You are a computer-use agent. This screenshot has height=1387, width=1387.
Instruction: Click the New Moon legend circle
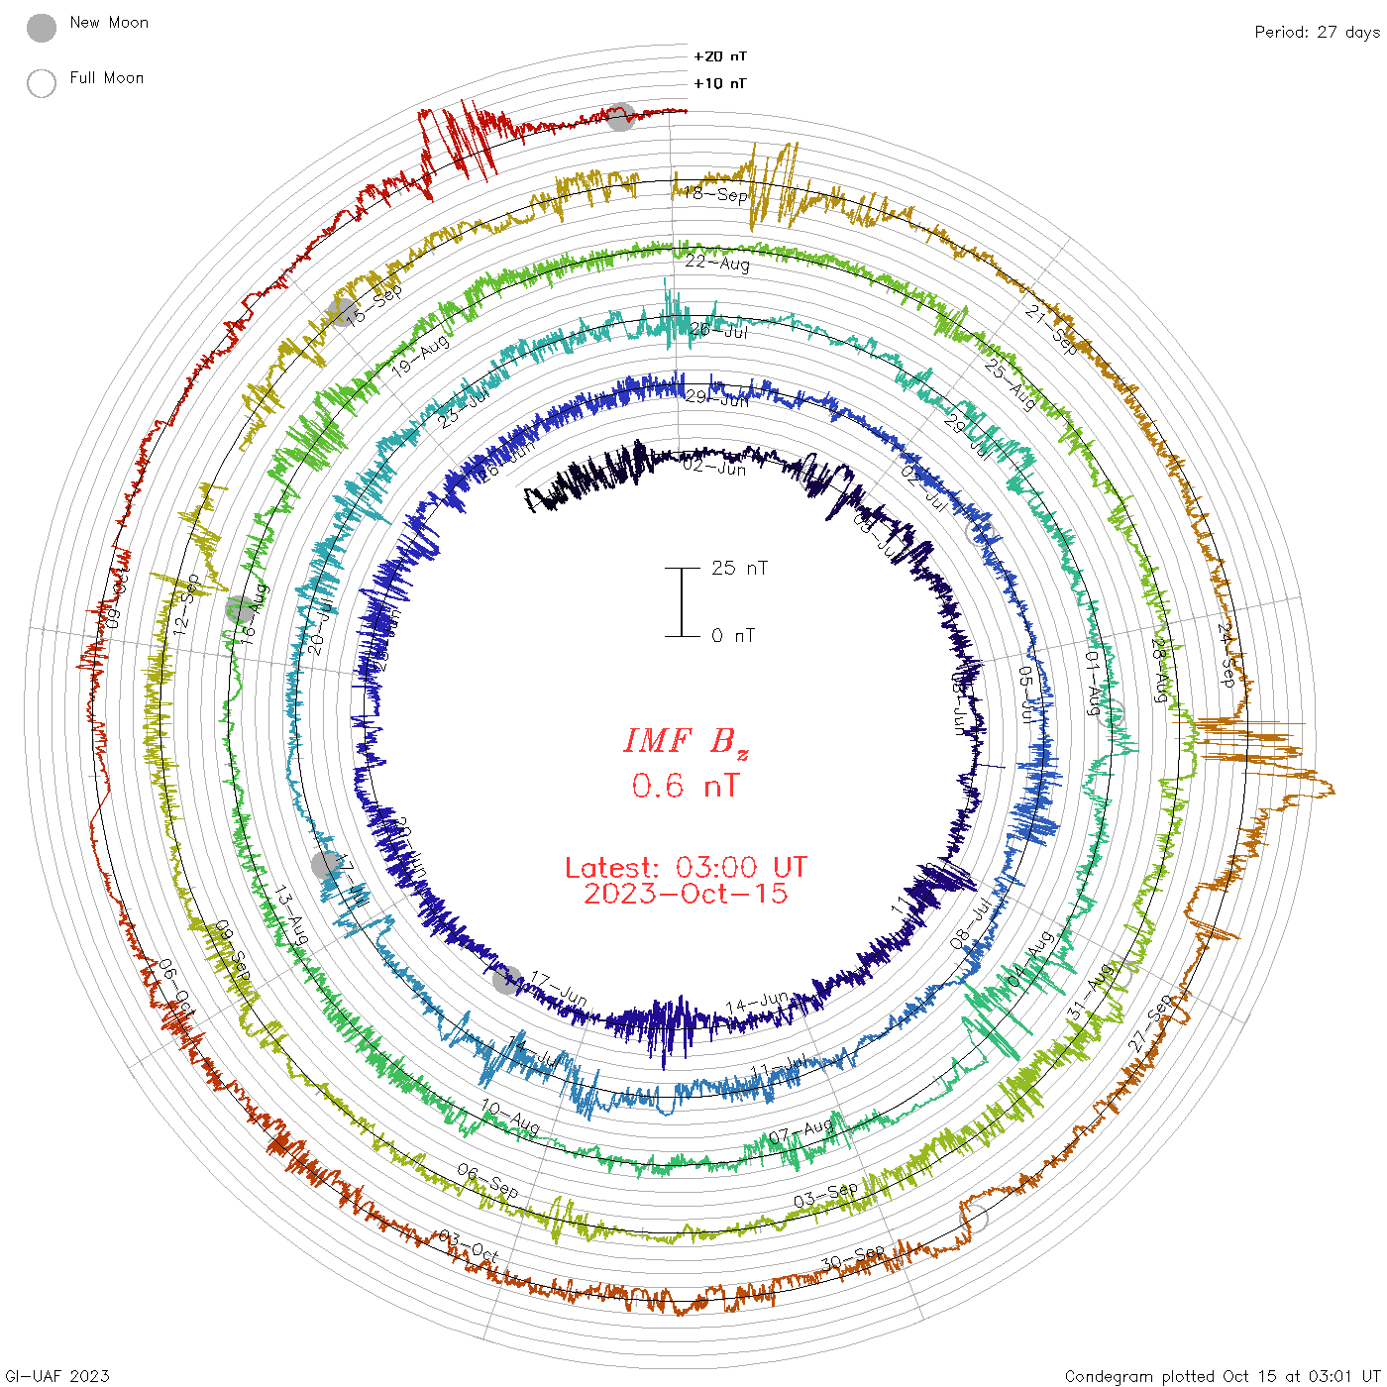point(42,29)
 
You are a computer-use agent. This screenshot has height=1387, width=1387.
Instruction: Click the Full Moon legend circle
point(42,83)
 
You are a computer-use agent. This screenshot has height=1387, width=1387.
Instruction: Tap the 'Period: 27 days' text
point(1317,33)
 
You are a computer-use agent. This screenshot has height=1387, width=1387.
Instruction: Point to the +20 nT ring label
point(720,56)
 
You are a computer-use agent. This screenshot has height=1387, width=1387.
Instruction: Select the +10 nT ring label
point(720,83)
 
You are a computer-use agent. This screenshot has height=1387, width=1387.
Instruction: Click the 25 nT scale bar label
point(739,568)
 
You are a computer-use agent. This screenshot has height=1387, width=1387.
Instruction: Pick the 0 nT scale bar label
point(733,635)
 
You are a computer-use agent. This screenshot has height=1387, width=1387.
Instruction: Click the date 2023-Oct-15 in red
point(686,894)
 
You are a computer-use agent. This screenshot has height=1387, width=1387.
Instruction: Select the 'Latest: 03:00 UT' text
point(686,868)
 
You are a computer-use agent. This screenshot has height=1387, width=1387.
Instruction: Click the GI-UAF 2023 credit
point(57,1375)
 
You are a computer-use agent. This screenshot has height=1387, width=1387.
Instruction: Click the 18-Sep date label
point(716,194)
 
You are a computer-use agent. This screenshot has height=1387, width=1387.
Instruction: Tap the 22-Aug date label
point(718,263)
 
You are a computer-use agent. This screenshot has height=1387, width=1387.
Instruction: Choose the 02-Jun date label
point(714,467)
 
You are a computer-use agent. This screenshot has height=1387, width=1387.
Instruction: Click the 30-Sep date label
point(853,1258)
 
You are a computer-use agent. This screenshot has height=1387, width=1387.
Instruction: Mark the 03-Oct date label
point(469,1246)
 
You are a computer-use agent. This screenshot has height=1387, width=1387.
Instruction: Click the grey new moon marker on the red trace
point(621,117)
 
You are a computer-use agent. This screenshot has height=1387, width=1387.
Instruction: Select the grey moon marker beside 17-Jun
point(506,981)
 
